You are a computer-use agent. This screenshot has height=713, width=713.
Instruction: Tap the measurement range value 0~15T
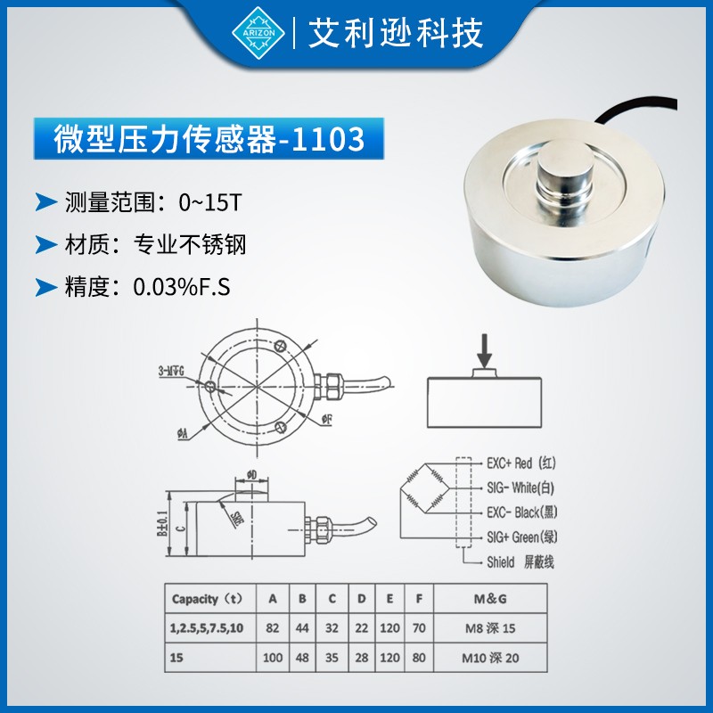[209, 202]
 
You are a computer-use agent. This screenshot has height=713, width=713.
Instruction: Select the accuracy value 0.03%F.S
[181, 287]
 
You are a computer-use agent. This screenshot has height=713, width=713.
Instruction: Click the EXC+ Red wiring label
[520, 463]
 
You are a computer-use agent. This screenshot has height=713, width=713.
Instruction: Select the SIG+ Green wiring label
[521, 537]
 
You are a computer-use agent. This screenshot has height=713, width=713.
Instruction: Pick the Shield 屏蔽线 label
[520, 562]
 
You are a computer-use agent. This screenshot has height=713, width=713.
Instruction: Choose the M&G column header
[491, 598]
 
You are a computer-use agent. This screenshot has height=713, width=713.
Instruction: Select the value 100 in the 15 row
[273, 658]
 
